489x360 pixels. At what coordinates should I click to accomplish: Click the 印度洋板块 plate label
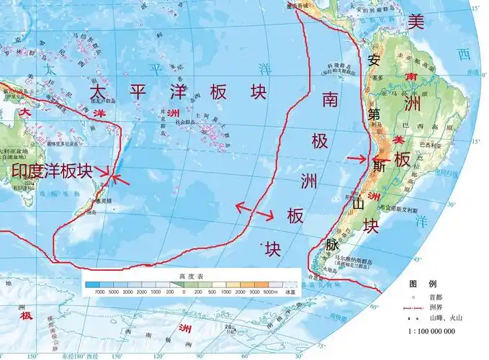coord(52,171)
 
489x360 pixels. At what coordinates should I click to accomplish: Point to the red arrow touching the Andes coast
coord(357,158)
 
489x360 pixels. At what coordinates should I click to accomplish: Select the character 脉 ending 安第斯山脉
coord(331,244)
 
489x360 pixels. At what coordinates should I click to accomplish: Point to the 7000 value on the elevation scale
coord(91,294)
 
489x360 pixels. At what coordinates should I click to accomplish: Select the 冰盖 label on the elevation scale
coord(290,294)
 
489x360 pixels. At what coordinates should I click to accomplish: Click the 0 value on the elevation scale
coord(184,294)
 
